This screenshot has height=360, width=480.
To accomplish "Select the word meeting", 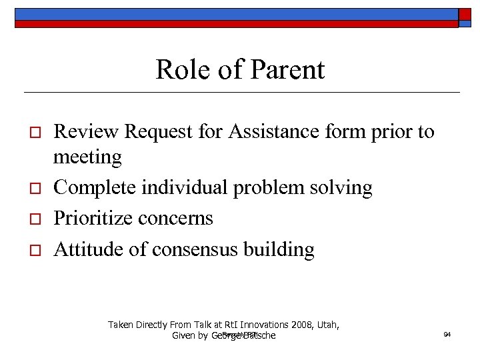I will click(x=87, y=158).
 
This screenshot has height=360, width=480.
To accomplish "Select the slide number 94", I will click(x=447, y=334).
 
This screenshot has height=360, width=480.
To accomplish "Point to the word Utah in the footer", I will click(x=327, y=325).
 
